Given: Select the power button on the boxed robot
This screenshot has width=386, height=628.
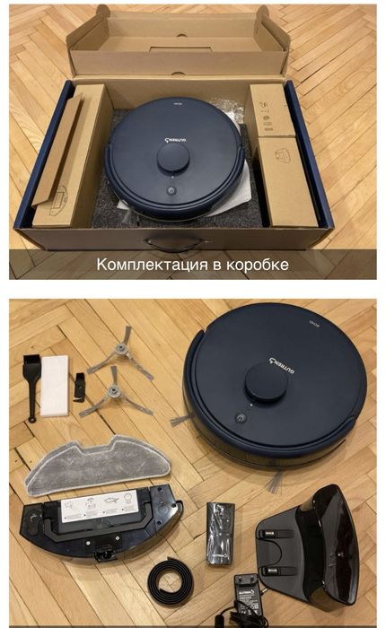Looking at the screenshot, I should (x=168, y=192).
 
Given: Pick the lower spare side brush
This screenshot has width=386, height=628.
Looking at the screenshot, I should (x=112, y=395).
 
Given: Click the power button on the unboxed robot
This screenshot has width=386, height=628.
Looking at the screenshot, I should (x=241, y=418).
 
